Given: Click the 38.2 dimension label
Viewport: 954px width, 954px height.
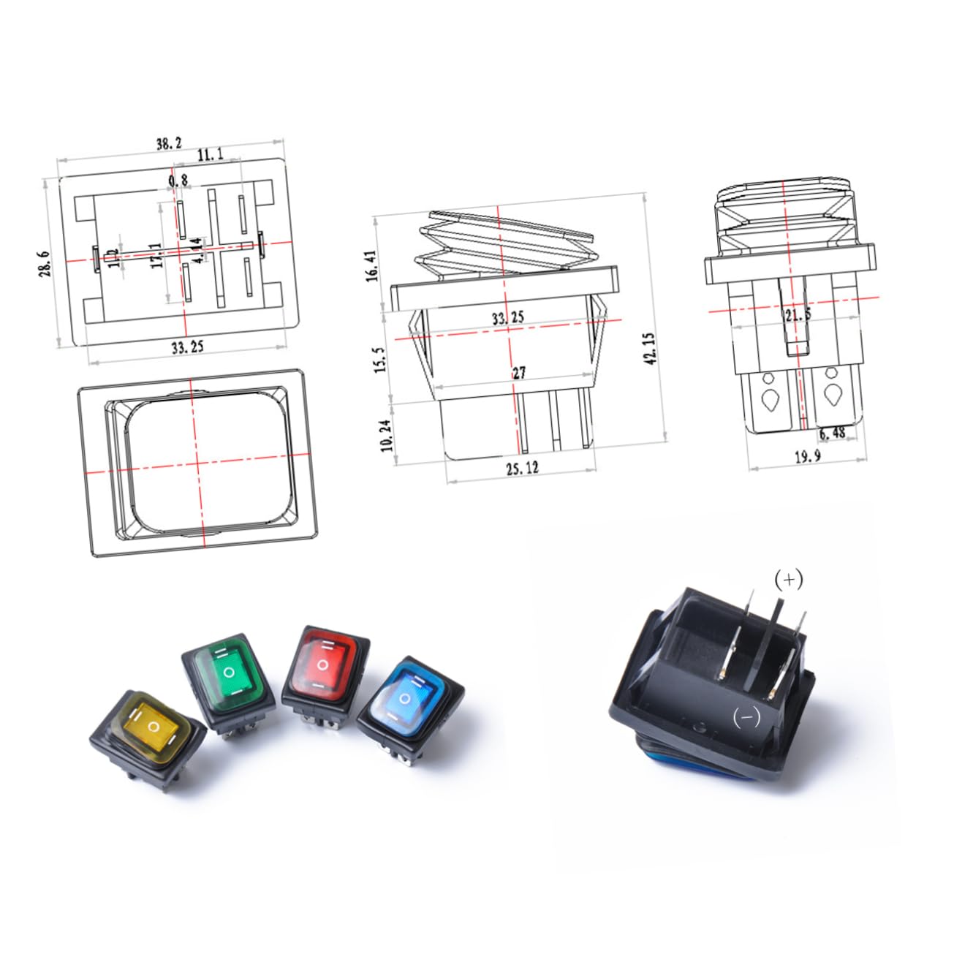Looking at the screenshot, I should (x=168, y=144).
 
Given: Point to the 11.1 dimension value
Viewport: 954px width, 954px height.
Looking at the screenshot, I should (x=209, y=154).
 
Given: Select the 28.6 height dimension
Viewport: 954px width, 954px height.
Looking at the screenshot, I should (x=45, y=263).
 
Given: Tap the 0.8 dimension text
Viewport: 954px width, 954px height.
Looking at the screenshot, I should (x=178, y=180).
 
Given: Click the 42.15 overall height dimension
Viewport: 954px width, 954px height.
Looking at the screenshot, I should (x=651, y=349).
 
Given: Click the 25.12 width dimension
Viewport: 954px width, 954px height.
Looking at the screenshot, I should (x=521, y=468).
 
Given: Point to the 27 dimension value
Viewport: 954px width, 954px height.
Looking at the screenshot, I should (x=518, y=373).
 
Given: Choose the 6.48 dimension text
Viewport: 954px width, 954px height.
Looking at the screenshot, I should (x=831, y=433).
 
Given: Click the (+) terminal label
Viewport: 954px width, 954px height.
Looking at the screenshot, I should (x=788, y=580).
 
